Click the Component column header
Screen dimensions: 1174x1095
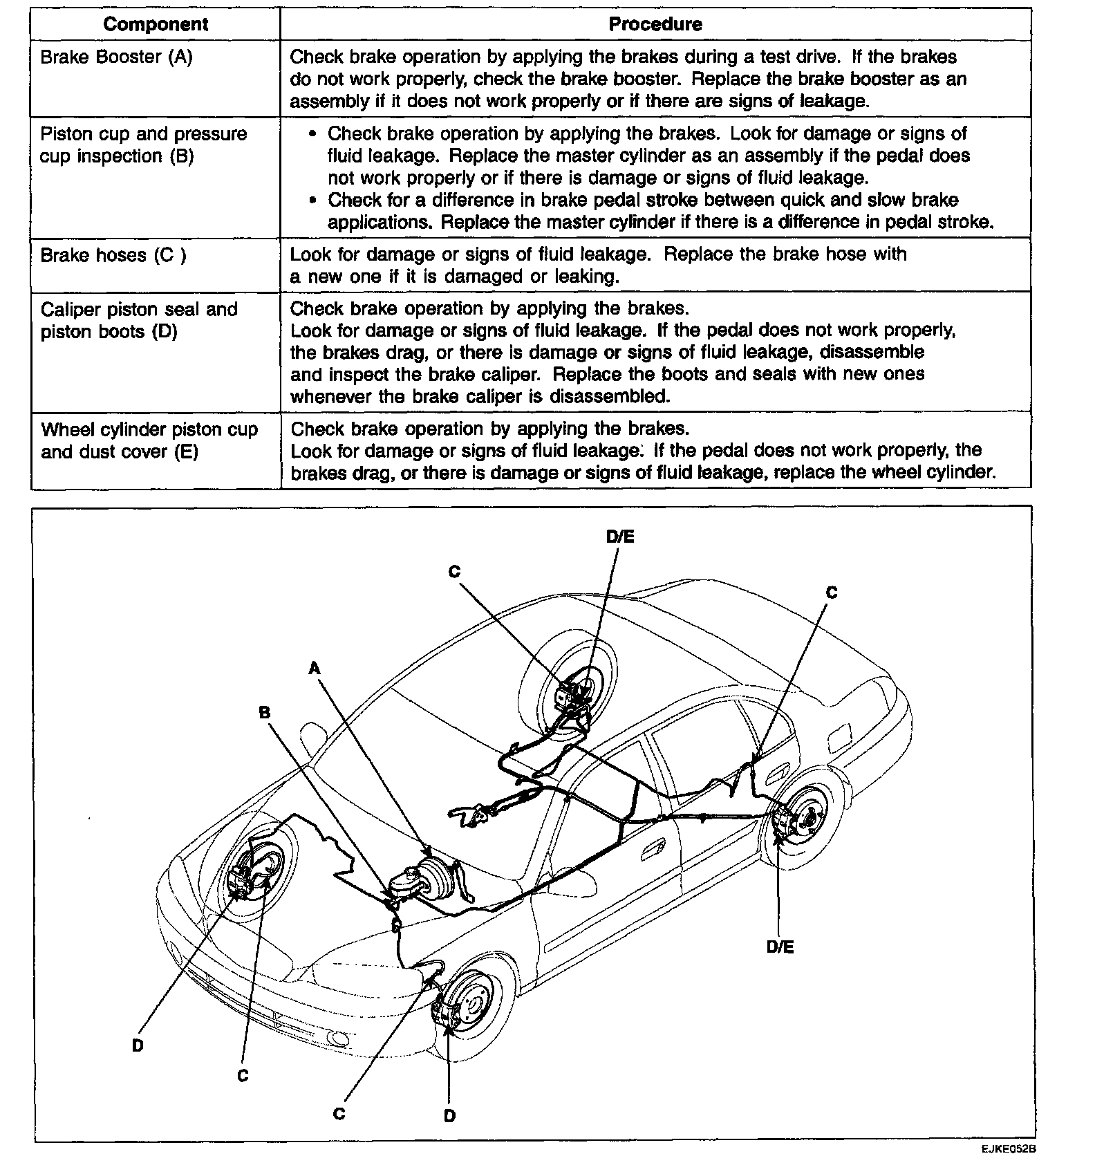pos(155,24)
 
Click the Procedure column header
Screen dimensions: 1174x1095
pos(655,24)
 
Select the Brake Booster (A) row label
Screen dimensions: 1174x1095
pos(116,57)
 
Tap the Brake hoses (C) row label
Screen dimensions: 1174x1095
pos(113,255)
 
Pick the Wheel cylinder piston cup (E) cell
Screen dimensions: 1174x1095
pos(149,440)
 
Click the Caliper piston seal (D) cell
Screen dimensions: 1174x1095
pos(139,320)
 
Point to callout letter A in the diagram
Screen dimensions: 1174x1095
pos(315,668)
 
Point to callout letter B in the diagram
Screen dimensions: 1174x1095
pos(264,713)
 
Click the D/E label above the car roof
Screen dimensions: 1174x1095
pos(620,537)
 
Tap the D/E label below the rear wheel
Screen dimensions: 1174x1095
pos(780,947)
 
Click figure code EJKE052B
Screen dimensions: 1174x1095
pos(1008,1150)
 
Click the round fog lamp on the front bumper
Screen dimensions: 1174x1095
pos(339,1038)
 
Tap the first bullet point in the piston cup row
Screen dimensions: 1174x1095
pos(314,134)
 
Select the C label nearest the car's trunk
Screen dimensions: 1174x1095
pos(832,593)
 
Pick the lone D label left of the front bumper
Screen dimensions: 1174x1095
pos(138,1045)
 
